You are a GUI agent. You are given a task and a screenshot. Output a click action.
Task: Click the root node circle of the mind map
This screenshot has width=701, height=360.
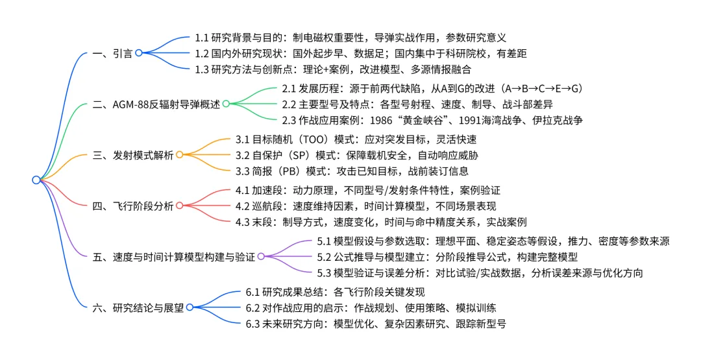(x=36, y=180)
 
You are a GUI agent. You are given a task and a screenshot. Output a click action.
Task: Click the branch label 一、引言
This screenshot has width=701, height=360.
(x=112, y=53)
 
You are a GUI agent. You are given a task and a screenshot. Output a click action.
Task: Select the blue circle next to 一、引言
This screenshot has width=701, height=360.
(x=139, y=53)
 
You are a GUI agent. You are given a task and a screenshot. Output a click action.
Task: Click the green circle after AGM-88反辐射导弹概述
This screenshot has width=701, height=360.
(x=225, y=104)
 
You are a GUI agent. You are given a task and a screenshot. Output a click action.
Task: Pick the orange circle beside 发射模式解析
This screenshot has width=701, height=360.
(x=180, y=154)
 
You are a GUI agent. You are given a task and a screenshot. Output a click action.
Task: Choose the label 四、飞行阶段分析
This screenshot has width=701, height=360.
(x=132, y=206)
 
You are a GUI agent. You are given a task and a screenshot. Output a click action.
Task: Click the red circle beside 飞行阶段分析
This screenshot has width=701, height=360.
(x=180, y=206)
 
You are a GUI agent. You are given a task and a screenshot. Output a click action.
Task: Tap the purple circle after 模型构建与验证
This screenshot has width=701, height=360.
(x=261, y=256)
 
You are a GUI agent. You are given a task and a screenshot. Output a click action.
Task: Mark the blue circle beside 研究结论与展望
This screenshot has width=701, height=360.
(x=190, y=307)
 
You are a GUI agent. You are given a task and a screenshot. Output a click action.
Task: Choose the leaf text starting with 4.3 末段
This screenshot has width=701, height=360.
(x=380, y=222)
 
